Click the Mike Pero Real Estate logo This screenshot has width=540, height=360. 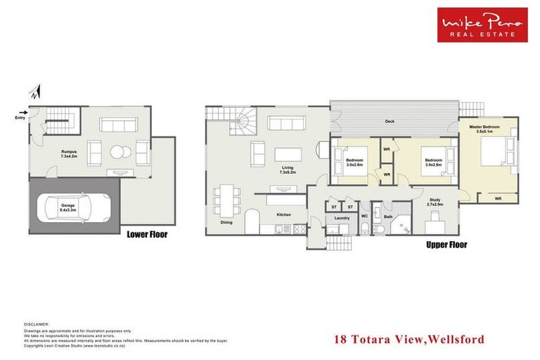(x=482, y=25)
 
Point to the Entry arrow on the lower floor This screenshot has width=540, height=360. (x=25, y=112)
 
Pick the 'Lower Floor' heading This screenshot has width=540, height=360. (x=147, y=234)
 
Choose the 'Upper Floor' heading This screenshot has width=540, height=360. (x=446, y=245)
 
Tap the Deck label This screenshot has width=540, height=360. (x=390, y=122)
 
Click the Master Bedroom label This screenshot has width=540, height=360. (x=485, y=129)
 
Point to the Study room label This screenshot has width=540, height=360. (x=435, y=200)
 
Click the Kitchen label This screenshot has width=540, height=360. (x=283, y=214)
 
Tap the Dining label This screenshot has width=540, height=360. (x=226, y=223)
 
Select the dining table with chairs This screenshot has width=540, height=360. (x=226, y=199)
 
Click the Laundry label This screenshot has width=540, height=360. (x=342, y=218)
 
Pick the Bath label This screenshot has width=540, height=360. (x=388, y=218)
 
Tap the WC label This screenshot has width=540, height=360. (x=365, y=216)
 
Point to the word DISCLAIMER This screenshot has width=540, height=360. (x=37, y=325)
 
